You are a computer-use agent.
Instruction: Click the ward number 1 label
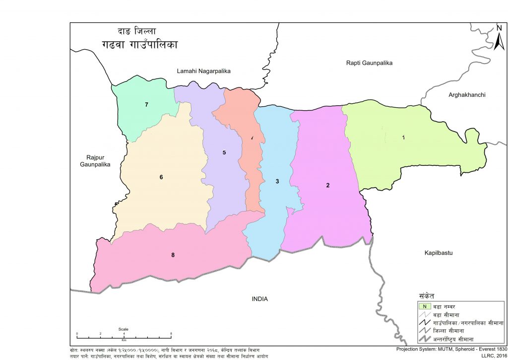pyautogui.click(x=403, y=138)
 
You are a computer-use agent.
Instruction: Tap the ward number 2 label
pyautogui.click(x=328, y=186)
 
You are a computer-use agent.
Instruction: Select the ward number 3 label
pyautogui.click(x=277, y=182)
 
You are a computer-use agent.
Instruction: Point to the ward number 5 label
pyautogui.click(x=224, y=152)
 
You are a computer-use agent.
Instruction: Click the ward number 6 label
pyautogui.click(x=161, y=177)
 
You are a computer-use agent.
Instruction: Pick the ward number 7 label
pyautogui.click(x=147, y=105)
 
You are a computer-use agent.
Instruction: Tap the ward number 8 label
pyautogui.click(x=173, y=255)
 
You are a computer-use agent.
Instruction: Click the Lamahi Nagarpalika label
pyautogui.click(x=204, y=72)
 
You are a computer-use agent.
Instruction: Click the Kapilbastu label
pyautogui.click(x=439, y=253)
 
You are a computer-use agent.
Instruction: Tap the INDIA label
pyautogui.click(x=259, y=298)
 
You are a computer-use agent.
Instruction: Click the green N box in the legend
pyautogui.click(x=424, y=306)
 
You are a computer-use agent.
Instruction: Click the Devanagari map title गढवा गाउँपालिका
pyautogui.click(x=138, y=44)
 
